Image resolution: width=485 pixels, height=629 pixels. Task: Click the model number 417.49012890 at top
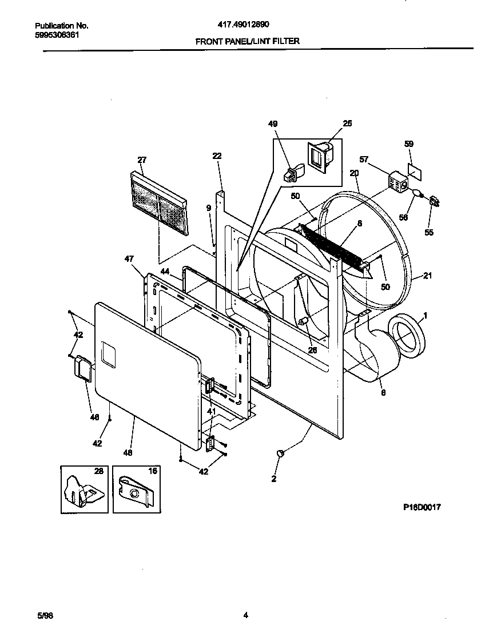pyautogui.click(x=244, y=25)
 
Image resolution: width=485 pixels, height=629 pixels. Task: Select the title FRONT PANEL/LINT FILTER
pyautogui.click(x=248, y=41)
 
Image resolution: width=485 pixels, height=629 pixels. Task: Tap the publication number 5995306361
pyautogui.click(x=57, y=35)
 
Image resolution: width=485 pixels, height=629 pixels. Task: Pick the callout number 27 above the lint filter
pyautogui.click(x=142, y=160)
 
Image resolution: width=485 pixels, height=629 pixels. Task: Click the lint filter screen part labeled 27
pyautogui.click(x=159, y=204)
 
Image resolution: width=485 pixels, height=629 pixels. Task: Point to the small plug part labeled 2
pyautogui.click(x=281, y=453)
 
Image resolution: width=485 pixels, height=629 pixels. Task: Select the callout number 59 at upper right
pyautogui.click(x=409, y=144)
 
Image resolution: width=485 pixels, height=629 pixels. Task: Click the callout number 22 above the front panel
pyautogui.click(x=217, y=156)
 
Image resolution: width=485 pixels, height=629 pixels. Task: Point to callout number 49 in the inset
pyautogui.click(x=273, y=124)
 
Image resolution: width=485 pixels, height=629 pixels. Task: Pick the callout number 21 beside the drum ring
pyautogui.click(x=427, y=276)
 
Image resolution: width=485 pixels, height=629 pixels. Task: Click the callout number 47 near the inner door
pyautogui.click(x=129, y=259)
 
